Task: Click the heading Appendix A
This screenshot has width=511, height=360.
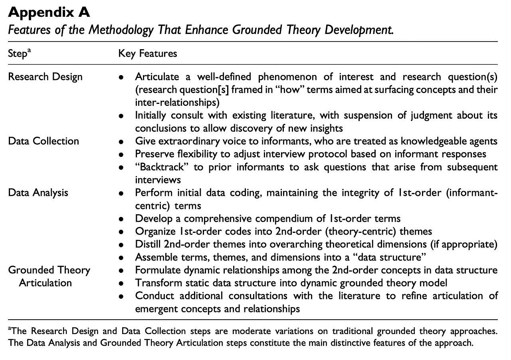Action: click(x=49, y=12)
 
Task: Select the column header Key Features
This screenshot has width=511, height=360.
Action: click(x=148, y=53)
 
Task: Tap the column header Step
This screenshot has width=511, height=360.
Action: click(x=18, y=53)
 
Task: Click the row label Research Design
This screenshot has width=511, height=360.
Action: click(x=45, y=76)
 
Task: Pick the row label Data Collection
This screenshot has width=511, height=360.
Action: click(x=44, y=141)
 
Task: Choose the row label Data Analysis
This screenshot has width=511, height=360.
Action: click(x=38, y=193)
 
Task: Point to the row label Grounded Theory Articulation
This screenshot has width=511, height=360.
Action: click(x=49, y=276)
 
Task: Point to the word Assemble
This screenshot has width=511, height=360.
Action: click(x=153, y=257)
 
